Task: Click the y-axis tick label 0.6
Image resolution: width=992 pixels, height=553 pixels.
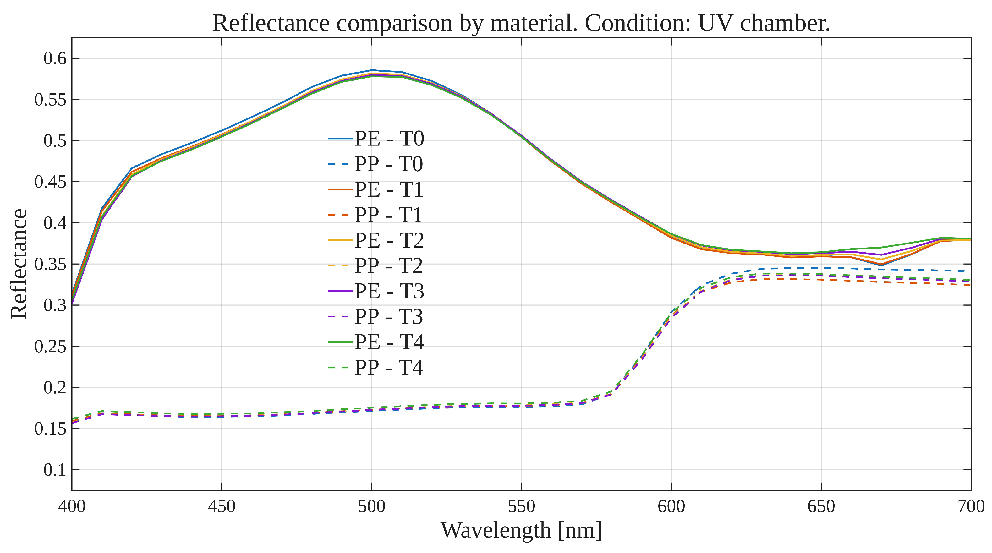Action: (x=55, y=58)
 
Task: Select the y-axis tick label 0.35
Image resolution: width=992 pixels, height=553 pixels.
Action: (x=50, y=264)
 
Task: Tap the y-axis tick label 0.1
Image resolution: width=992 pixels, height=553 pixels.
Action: (x=55, y=470)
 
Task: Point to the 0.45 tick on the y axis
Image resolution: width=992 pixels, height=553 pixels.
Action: (x=50, y=182)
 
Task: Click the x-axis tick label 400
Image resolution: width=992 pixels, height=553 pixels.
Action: (x=72, y=506)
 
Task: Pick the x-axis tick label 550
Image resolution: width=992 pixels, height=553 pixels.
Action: (x=521, y=506)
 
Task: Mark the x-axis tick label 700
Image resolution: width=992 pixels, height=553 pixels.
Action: (x=970, y=506)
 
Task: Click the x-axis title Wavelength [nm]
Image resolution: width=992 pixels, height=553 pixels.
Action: (x=521, y=531)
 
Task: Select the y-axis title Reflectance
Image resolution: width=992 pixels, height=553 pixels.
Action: (x=19, y=264)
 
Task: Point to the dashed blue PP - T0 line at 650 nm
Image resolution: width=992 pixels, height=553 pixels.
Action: (x=821, y=268)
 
